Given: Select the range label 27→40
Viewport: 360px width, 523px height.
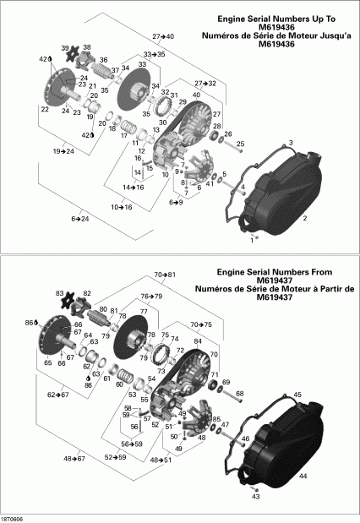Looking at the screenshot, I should pos(163,37).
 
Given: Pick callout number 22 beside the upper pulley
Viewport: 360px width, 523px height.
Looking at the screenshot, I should pos(44,109).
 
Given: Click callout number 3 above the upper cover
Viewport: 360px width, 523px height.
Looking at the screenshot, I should pos(290,143).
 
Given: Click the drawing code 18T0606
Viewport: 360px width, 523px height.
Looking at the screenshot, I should pos(13,517).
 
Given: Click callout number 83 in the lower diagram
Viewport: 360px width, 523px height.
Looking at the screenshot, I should pos(60,292).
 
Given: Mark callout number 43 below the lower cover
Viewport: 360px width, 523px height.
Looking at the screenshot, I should pos(256,497).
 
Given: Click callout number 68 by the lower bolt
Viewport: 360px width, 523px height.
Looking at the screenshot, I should pos(239,394).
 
